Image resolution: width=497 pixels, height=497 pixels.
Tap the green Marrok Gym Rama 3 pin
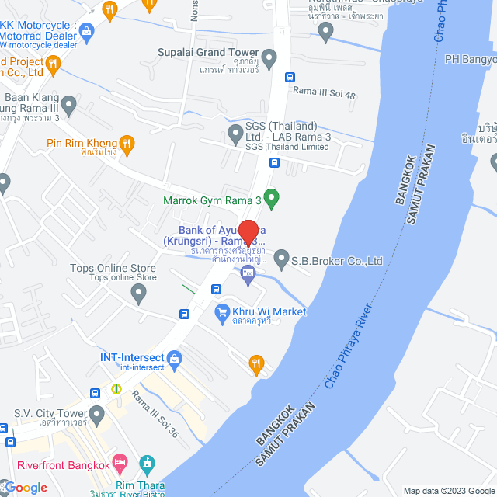coord(271,199)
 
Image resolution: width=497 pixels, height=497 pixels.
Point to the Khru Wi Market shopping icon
coord(221,311)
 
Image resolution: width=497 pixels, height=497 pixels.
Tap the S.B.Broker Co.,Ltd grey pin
coord(281,258)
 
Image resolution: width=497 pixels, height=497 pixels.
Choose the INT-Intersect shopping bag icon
coord(175,358)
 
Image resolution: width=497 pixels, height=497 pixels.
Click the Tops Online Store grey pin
coord(138,294)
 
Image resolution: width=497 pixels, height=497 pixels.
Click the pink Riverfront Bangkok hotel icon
coord(120,464)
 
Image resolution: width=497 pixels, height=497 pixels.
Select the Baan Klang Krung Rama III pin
coord(68,104)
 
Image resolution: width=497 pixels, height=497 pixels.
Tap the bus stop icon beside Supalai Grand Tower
coord(290,77)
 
